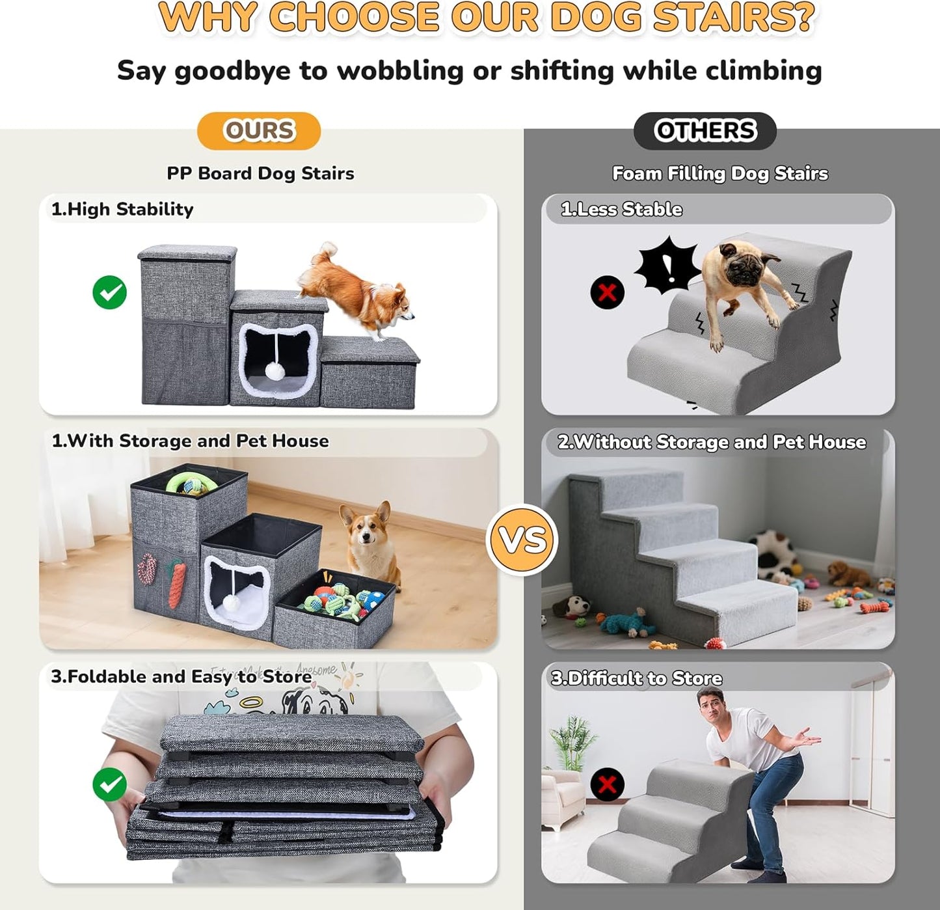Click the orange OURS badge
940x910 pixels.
[259, 131]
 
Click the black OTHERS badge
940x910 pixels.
[705, 131]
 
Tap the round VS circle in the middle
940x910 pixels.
[522, 540]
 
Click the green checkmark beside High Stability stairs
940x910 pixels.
[109, 292]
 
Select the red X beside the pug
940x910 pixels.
[607, 292]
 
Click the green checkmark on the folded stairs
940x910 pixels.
[109, 784]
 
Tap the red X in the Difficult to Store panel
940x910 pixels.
[607, 784]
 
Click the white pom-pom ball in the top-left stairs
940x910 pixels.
[275, 371]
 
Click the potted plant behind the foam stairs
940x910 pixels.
[572, 742]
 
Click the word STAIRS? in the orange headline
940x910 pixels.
[734, 18]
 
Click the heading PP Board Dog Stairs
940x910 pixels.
[260, 173]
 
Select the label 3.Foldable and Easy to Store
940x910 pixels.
[181, 677]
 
